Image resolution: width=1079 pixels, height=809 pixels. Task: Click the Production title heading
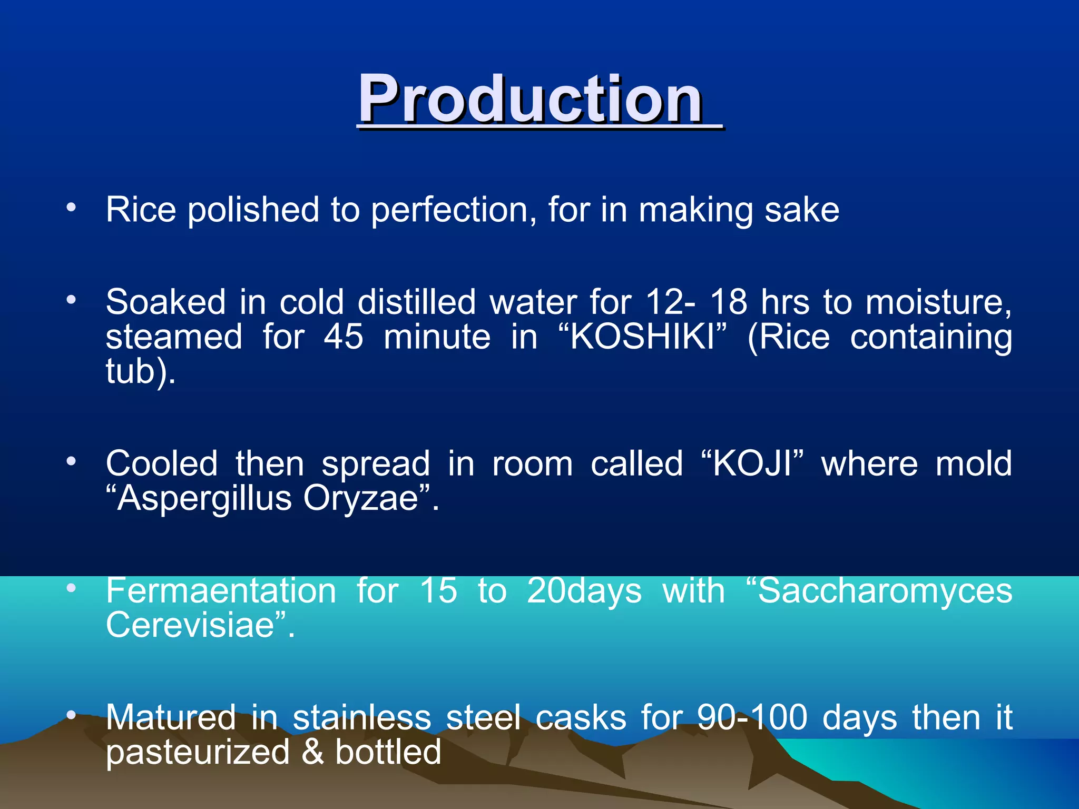[x=531, y=99]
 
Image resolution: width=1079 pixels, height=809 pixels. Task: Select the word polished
[x=253, y=210]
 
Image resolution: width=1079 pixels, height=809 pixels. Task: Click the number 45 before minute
[x=344, y=337]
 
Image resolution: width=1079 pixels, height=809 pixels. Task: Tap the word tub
[x=130, y=371]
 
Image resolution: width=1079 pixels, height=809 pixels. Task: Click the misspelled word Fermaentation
[x=221, y=590]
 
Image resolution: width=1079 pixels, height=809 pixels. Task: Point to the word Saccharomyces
[x=885, y=590]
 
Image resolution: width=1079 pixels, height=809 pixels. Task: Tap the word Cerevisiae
[x=190, y=625]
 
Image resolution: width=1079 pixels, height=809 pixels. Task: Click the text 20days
[x=584, y=590]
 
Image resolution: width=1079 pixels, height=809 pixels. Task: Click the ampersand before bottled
[x=313, y=752]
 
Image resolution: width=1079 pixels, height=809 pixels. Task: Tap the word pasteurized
[x=198, y=753]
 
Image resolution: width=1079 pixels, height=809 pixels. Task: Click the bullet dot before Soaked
[x=71, y=300]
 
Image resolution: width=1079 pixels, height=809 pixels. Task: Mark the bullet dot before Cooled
[x=71, y=462]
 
